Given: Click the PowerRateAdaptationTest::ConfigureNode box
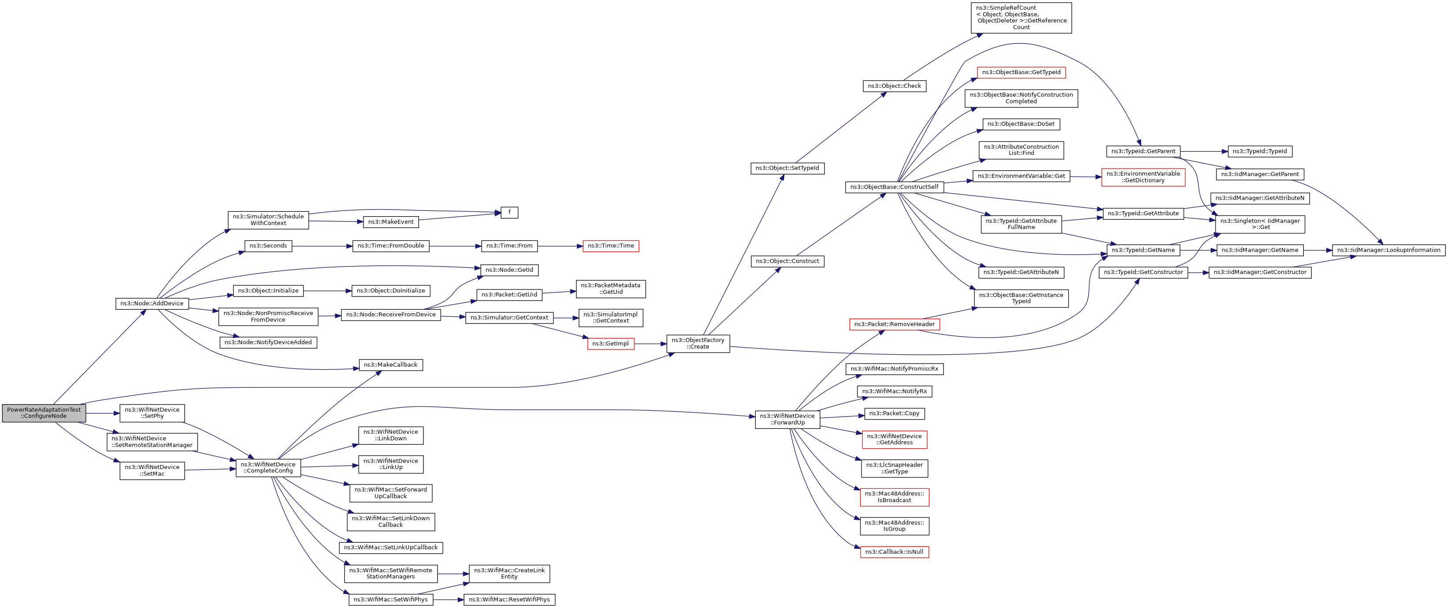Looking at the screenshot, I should point(44,413).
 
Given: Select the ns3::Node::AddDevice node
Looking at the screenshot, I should point(152,303).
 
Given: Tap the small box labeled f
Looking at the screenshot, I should point(509,212).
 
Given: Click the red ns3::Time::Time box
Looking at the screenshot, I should point(610,246).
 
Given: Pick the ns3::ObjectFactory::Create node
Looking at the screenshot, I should point(698,343).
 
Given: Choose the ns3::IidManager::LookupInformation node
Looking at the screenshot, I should point(1388,250).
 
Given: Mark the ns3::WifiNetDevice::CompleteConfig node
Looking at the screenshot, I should point(268,467).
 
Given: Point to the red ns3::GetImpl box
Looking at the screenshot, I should point(610,344).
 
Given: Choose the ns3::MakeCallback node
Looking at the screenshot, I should point(391,364).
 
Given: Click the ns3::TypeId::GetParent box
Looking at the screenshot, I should point(1143,151).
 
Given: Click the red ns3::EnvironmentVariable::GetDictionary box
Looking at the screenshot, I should point(1143,177).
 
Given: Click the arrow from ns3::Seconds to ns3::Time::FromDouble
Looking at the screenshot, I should point(322,246).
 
